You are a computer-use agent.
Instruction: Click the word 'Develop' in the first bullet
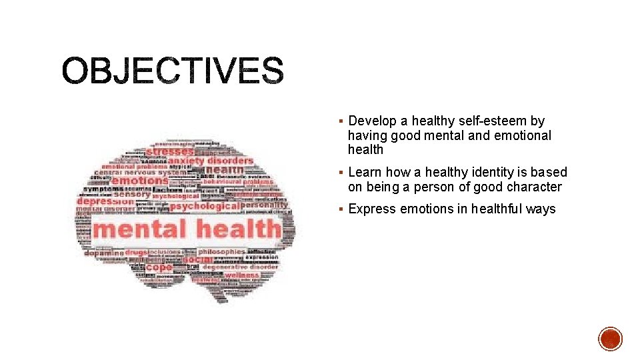point(372,121)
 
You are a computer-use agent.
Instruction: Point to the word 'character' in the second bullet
point(534,187)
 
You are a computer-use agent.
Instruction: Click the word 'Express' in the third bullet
point(372,209)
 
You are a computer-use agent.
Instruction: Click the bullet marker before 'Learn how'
point(340,173)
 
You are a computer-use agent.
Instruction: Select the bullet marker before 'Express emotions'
point(340,209)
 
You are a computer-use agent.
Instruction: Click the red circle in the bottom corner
point(610,339)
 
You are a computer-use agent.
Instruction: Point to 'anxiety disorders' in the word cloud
point(210,161)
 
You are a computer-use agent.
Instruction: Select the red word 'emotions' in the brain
point(140,181)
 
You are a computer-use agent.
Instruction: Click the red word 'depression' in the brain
point(105,201)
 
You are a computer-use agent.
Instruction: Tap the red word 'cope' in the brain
point(159,268)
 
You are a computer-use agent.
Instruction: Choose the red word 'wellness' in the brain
point(241,275)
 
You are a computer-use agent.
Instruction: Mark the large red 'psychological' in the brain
point(207,206)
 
